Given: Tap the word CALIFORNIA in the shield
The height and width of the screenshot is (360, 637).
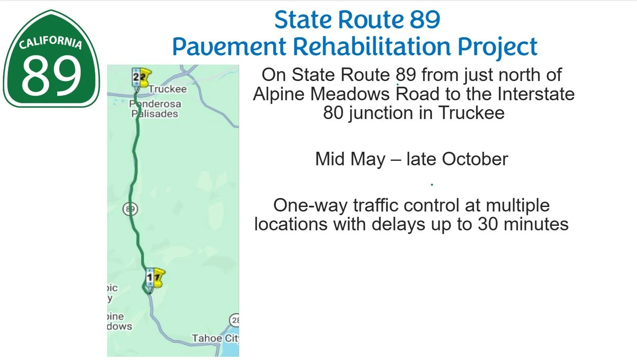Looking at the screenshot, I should coord(51,42).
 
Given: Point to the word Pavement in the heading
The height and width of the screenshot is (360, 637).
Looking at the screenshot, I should coord(229,46).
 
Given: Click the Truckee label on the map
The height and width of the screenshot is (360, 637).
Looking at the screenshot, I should coord(168,89).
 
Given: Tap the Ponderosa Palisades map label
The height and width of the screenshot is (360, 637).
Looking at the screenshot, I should coord(155,109).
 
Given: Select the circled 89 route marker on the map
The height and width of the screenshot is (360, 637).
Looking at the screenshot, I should coord(130,209).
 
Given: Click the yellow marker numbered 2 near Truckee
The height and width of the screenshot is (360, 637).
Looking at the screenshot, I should coord(141,77).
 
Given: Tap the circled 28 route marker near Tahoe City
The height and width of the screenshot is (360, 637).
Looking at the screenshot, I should coord(235,320).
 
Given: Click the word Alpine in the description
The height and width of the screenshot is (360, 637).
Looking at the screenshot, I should coord(280,94).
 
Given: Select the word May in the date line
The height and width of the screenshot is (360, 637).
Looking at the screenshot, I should coord(368,159).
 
